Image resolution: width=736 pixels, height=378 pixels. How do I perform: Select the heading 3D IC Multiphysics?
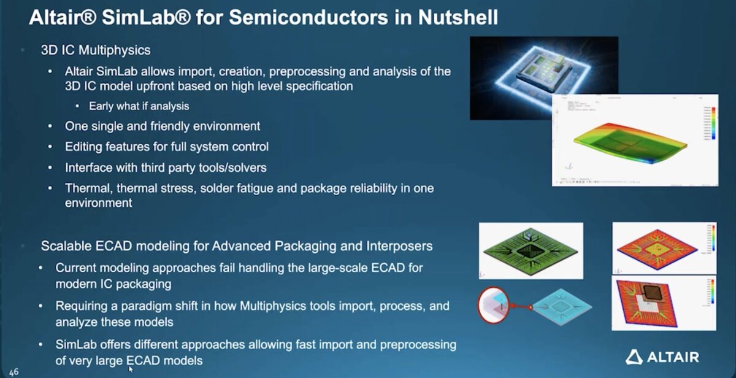point(95,50)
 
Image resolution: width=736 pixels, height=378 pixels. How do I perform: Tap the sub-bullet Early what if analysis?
point(139,106)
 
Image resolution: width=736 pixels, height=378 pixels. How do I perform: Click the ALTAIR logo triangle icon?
point(634,357)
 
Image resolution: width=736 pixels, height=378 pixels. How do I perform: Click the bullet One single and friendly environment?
point(163,126)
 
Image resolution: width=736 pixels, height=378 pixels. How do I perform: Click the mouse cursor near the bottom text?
point(131,369)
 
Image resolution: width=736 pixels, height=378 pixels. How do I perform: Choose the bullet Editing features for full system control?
point(166,147)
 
